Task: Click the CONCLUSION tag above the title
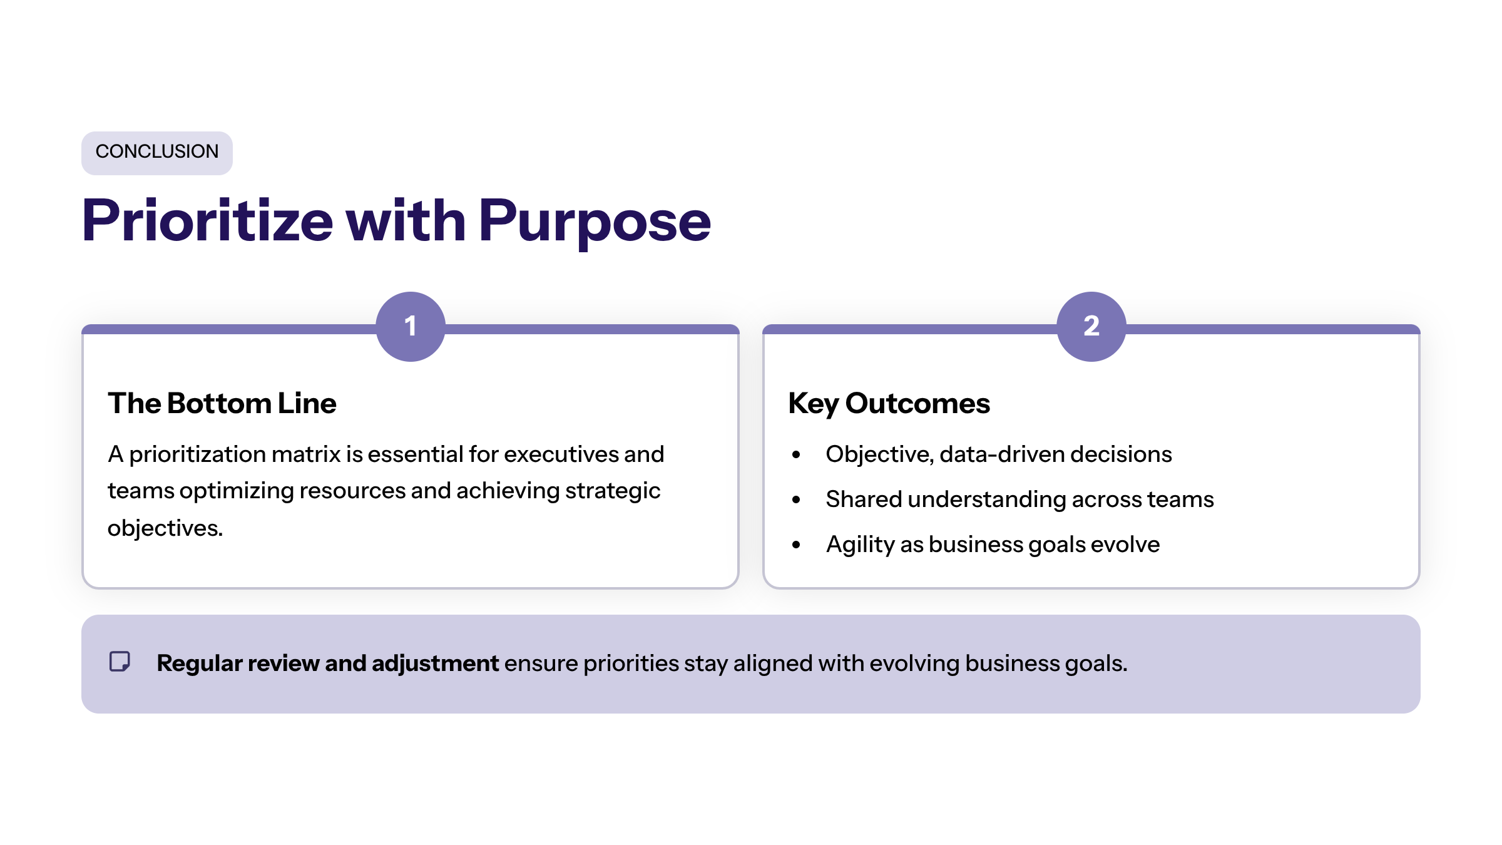[157, 153]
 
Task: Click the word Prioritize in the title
[208, 220]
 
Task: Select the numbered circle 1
[411, 327]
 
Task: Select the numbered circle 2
[1091, 327]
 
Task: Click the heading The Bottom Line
[222, 404]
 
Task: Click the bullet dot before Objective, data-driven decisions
[796, 455]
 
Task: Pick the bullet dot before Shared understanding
[796, 500]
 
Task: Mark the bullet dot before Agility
[796, 545]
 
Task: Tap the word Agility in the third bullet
[860, 545]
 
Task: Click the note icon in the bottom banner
[120, 662]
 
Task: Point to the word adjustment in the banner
[435, 663]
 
